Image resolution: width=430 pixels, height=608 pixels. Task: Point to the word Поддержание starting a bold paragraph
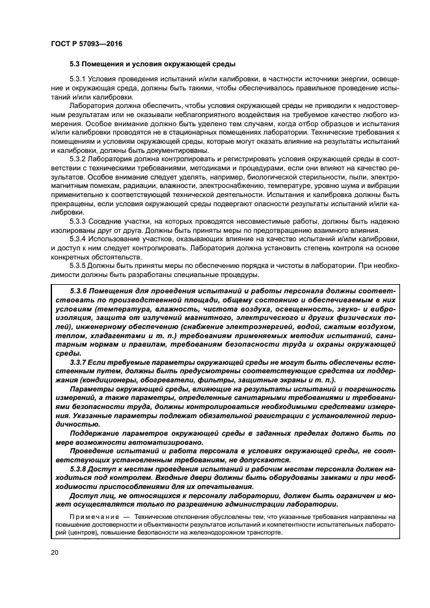95,433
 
